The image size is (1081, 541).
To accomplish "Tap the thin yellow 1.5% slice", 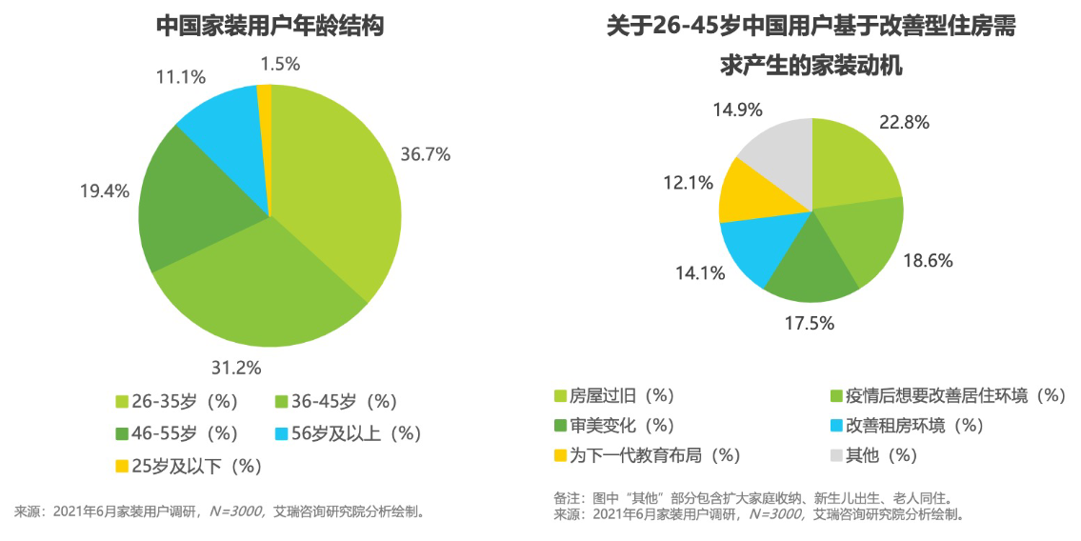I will tap(265, 105).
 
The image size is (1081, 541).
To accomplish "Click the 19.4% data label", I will tap(104, 190).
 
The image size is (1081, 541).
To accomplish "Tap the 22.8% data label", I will tap(904, 122).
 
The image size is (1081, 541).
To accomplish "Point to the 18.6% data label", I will tap(929, 260).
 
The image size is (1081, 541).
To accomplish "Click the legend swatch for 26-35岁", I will tap(121, 402).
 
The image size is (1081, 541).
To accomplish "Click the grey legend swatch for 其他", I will tap(838, 454).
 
